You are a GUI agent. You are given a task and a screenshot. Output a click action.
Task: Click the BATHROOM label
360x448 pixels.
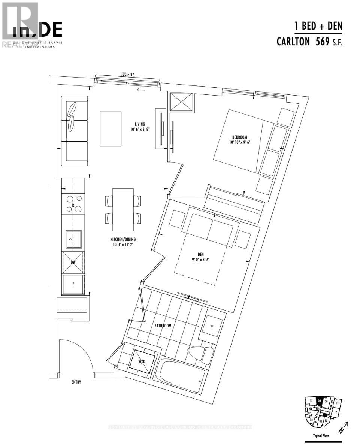point(163,326)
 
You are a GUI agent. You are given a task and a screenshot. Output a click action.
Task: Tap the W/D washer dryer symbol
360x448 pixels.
point(141,362)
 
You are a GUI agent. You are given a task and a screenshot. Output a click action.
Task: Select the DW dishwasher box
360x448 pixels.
point(73,263)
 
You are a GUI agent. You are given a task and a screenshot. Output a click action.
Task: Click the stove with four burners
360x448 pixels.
point(73,204)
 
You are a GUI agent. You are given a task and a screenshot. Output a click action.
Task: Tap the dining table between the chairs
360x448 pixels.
point(123,210)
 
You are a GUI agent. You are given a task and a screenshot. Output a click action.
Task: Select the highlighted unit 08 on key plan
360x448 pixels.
point(319,400)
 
